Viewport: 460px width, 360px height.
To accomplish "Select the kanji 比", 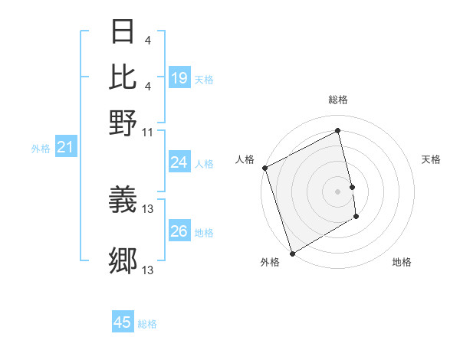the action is point(123,77).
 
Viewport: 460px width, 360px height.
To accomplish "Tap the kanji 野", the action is point(123,122).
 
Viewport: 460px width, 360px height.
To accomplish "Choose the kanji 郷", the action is point(123,261).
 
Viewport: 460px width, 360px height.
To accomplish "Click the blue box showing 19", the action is point(179,78).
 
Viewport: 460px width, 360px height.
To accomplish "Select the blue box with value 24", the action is point(179,162).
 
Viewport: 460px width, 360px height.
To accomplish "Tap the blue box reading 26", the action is point(179,231).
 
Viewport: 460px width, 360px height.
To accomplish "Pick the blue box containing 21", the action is point(65,147).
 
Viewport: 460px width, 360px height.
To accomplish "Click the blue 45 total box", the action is point(123,322).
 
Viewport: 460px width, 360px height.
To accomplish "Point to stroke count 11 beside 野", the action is point(147,132).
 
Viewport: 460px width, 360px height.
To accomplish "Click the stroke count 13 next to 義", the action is point(148,208).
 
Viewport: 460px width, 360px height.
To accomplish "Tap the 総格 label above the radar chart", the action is point(338,100).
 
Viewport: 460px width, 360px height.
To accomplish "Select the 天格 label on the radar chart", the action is point(431,159).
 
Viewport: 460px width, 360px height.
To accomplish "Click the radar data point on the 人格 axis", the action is point(264,168).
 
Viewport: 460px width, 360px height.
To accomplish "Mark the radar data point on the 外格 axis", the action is point(292,254).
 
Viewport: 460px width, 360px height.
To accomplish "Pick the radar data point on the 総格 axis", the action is point(338,130).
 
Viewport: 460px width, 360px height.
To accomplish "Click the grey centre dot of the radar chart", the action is point(338,191).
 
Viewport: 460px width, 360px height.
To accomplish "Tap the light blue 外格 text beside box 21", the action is point(41,149).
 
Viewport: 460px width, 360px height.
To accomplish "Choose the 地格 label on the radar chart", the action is point(402,262).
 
